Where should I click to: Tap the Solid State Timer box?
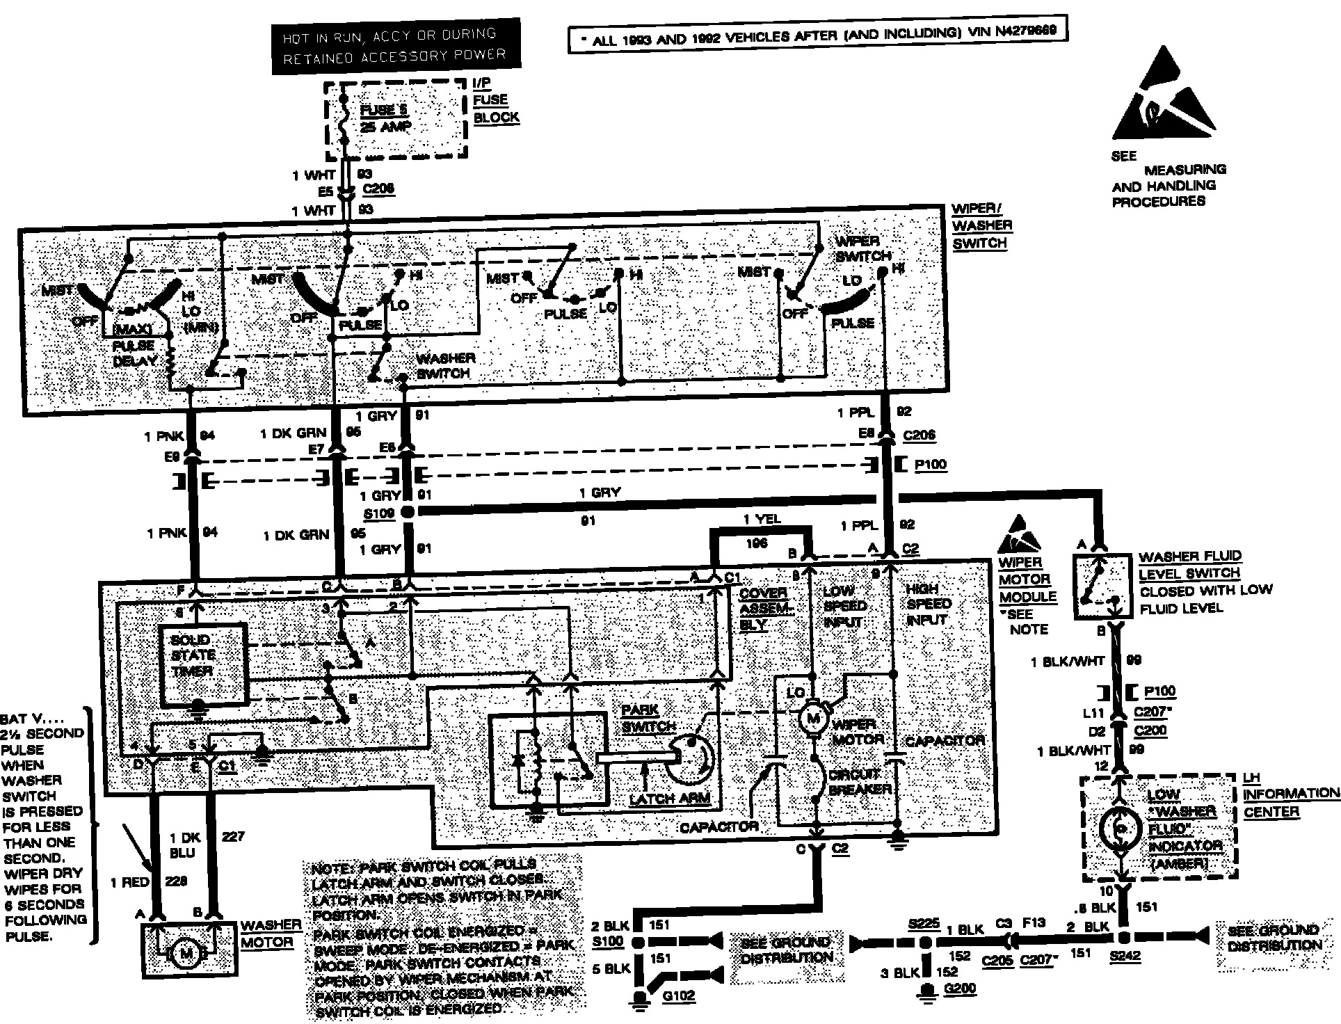coord(203,663)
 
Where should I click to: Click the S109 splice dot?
coord(408,513)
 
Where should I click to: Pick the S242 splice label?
coord(1125,956)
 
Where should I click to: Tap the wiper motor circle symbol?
coord(813,718)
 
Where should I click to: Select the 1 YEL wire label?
coord(762,520)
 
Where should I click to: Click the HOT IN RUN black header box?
coord(396,45)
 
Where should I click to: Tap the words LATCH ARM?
coord(670,799)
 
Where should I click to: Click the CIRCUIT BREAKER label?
coord(859,782)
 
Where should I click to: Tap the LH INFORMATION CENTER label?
coord(1290,794)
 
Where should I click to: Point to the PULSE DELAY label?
coord(134,353)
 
